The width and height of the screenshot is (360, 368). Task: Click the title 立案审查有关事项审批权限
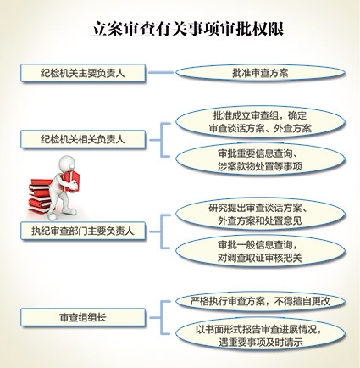pos(188,29)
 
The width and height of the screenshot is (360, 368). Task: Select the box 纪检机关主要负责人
pos(83,73)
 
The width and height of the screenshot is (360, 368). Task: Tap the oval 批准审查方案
pos(260,73)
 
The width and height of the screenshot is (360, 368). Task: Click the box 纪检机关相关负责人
pos(83,139)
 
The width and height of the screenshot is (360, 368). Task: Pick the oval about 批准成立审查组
pos(260,122)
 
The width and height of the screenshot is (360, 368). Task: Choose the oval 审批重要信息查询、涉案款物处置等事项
pos(260,160)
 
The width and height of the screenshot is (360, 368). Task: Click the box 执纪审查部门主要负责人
pos(83,231)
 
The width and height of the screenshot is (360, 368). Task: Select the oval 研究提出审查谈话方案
pos(260,215)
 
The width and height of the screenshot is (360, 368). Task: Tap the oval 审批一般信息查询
pos(260,252)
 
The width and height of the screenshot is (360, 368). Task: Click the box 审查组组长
pos(83,317)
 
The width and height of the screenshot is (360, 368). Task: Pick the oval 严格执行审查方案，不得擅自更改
pos(260,302)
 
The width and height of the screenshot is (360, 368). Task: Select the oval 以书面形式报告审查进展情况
pos(260,336)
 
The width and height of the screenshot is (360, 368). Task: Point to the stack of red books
pos(40,196)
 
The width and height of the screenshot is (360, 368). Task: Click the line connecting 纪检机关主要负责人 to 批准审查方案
pos(161,72)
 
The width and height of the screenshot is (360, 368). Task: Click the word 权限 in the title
pos(269,29)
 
